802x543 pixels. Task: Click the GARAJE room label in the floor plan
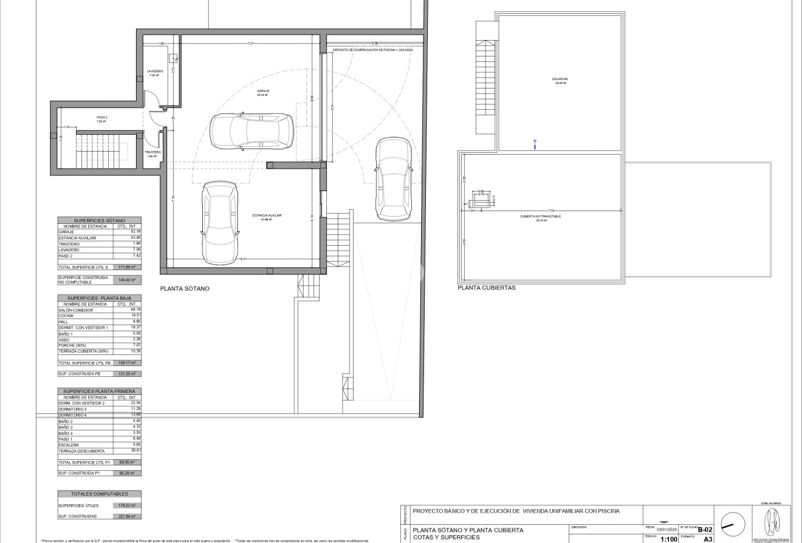pyautogui.click(x=262, y=91)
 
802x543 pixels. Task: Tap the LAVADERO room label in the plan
pyautogui.click(x=155, y=71)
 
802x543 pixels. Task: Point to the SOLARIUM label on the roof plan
pyautogui.click(x=560, y=79)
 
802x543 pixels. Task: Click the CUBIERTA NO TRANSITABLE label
pyautogui.click(x=540, y=216)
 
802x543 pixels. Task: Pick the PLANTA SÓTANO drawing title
pyautogui.click(x=184, y=289)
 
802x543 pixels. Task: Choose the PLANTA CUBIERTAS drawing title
pyautogui.click(x=487, y=288)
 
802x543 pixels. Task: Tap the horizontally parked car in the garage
pyautogui.click(x=252, y=130)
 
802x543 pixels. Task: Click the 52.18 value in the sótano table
pyautogui.click(x=134, y=232)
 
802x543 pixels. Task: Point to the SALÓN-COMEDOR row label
pyautogui.click(x=76, y=310)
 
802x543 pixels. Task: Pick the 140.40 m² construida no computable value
pyautogui.click(x=126, y=280)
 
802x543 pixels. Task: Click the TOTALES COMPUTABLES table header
pyautogui.click(x=99, y=494)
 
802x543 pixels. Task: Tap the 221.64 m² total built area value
pyautogui.click(x=126, y=516)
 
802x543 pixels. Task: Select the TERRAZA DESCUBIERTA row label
pyautogui.click(x=81, y=451)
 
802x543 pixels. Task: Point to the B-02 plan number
pyautogui.click(x=705, y=529)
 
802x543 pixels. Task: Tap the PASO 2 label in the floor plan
pyautogui.click(x=101, y=117)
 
